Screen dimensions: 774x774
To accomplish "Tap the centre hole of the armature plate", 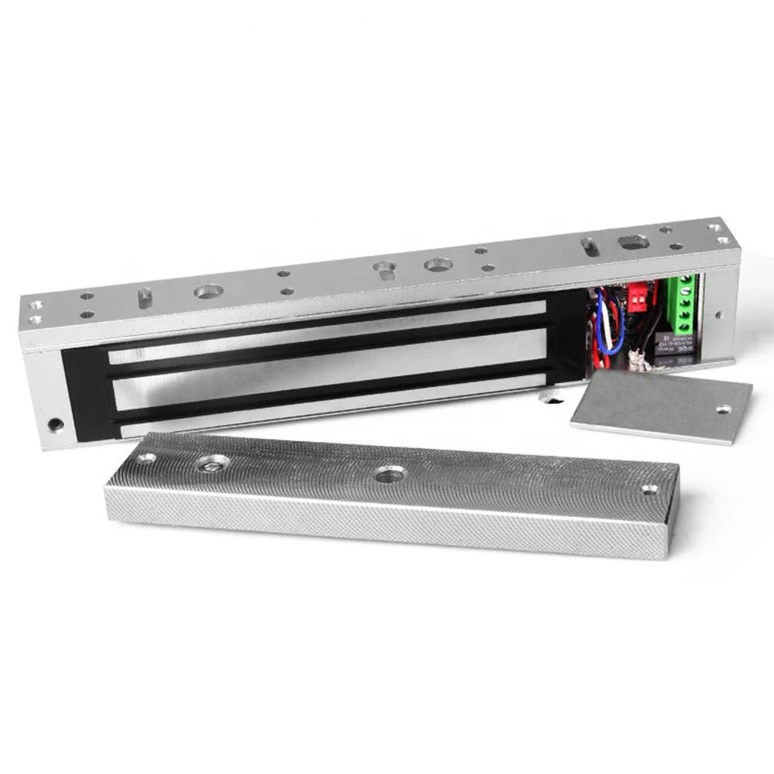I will [385, 474].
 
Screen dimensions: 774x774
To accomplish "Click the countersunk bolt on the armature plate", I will [211, 463].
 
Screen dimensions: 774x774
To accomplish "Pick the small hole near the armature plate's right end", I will [649, 489].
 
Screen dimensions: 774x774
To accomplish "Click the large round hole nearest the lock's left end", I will [207, 292].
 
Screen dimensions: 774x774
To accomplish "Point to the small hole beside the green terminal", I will [718, 315].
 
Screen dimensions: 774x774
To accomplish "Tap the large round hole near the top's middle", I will [436, 265].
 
